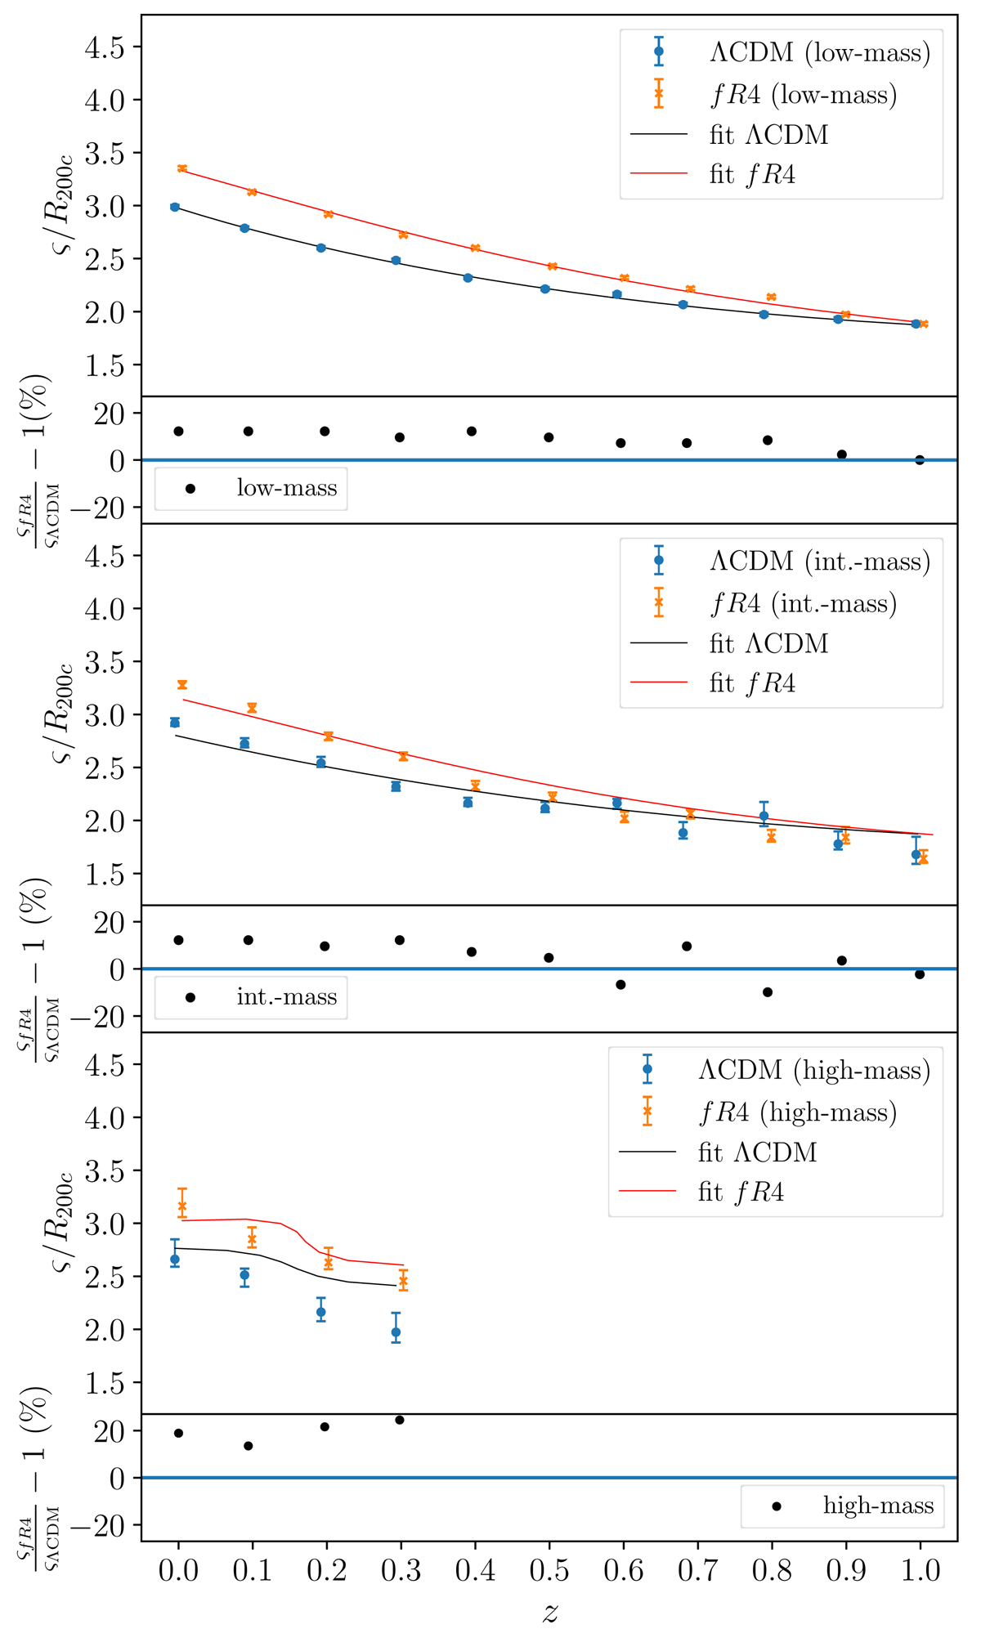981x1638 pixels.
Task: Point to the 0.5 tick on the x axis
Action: (549, 1570)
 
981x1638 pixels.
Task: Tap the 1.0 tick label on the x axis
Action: (920, 1570)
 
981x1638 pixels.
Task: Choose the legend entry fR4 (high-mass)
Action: (797, 1112)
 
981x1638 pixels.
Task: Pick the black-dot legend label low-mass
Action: (286, 488)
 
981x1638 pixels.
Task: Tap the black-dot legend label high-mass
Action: (878, 1506)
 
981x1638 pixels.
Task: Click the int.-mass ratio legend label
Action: (286, 997)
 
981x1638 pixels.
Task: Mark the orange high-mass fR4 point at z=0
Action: (182, 1206)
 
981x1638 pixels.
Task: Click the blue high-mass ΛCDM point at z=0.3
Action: (396, 1332)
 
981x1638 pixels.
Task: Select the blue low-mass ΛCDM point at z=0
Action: (175, 208)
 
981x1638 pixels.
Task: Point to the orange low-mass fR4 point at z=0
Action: (182, 168)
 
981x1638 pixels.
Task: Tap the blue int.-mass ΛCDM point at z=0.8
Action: (764, 816)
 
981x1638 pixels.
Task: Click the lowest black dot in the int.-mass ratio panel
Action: (768, 992)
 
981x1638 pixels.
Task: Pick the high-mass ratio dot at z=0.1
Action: (249, 1446)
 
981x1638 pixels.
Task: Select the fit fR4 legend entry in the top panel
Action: (752, 174)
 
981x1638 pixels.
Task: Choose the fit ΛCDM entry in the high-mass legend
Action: (757, 1152)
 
